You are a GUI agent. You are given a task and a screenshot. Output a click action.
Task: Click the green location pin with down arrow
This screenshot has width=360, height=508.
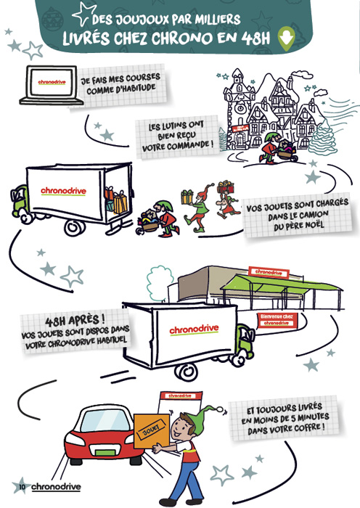pyautogui.click(x=286, y=38)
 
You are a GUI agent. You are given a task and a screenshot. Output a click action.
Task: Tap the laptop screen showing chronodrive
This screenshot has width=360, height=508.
pyautogui.click(x=52, y=82)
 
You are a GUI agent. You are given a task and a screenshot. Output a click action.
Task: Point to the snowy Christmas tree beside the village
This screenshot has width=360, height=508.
pyautogui.click(x=323, y=137)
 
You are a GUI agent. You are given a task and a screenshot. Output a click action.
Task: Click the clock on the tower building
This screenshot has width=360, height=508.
pyautogui.click(x=240, y=107)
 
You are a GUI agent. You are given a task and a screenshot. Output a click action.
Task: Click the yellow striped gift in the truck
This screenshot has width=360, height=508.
pyautogui.click(x=120, y=202)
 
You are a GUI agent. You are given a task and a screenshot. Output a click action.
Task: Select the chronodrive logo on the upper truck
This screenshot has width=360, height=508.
pyautogui.click(x=64, y=190)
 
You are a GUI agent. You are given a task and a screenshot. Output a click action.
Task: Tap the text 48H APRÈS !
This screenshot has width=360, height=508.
pyautogui.click(x=75, y=320)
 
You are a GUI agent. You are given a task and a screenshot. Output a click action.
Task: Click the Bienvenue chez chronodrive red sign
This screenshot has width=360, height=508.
pyautogui.click(x=277, y=320)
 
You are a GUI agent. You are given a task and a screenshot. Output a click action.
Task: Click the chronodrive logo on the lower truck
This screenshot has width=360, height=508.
pyautogui.click(x=194, y=329)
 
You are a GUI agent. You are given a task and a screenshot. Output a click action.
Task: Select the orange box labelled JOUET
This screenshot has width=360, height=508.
pyautogui.click(x=152, y=431)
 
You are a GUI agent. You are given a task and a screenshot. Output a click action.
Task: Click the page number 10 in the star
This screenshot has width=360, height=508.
pyautogui.click(x=22, y=486)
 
